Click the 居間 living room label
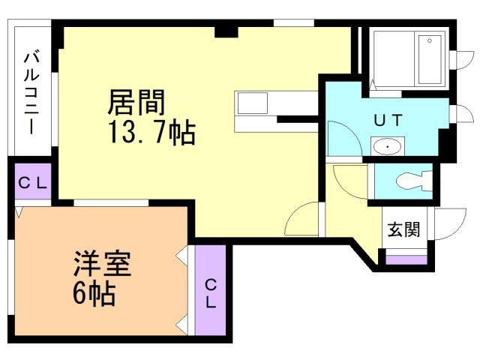pyautogui.click(x=136, y=101)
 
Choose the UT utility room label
pyautogui.click(x=388, y=118)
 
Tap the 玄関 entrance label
pyautogui.click(x=403, y=230)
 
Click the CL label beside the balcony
pyautogui.click(x=32, y=182)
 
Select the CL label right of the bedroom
pyautogui.click(x=211, y=293)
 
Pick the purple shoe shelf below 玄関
pyautogui.click(x=406, y=260)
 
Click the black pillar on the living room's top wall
pyautogui.click(x=225, y=31)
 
